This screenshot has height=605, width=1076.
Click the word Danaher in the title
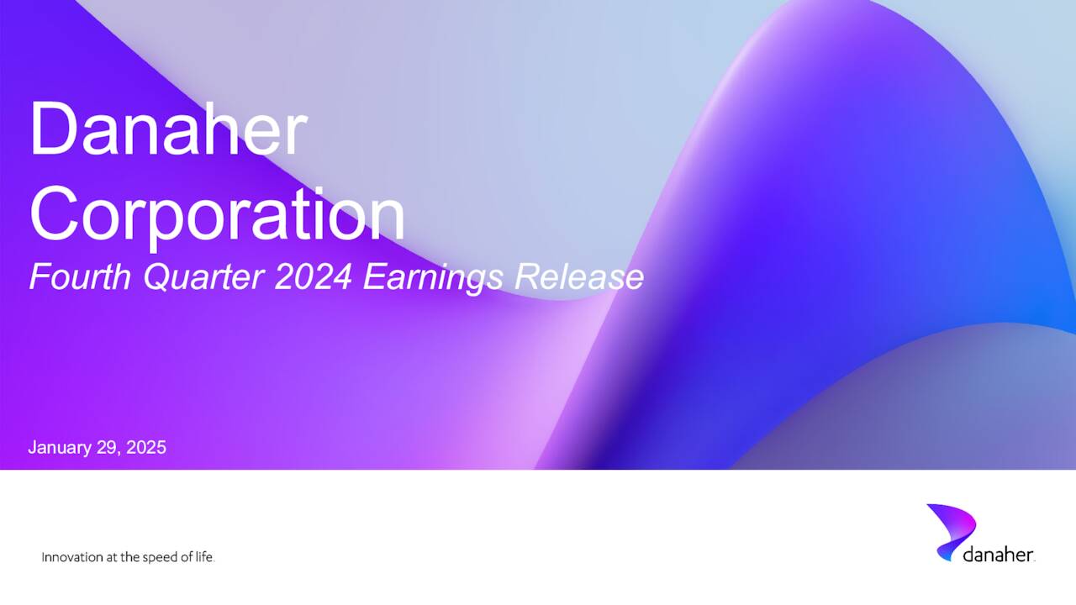coord(168,129)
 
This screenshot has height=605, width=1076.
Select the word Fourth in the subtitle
coord(81,276)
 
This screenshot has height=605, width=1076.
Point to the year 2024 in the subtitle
coord(314,276)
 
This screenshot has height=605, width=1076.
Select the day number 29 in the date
coord(111,448)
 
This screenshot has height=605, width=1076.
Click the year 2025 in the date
coord(147,448)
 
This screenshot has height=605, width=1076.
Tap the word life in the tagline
coord(205,558)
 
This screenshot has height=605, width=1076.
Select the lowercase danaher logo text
coord(998,555)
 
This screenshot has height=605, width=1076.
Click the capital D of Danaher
coord(52,129)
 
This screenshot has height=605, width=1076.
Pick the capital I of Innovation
coord(44,558)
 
